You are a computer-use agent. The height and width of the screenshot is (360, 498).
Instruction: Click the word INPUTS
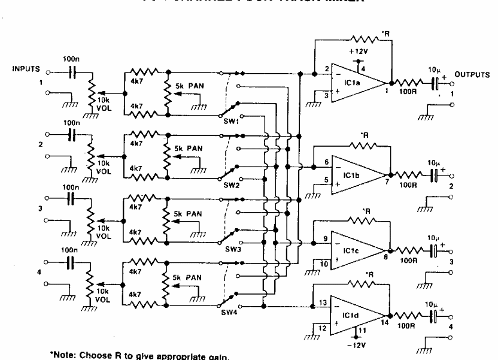click(x=26, y=69)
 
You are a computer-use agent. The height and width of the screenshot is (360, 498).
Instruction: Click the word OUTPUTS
click(x=472, y=75)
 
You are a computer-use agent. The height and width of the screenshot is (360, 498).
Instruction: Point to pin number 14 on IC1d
click(x=384, y=323)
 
